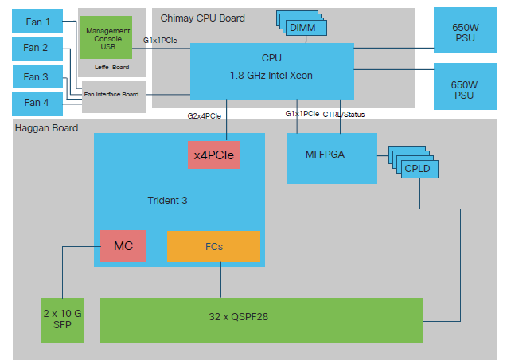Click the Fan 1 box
37,22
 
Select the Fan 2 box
37,48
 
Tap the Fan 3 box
37,76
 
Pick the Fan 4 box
37,103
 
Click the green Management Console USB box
107,37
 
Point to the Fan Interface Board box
114,96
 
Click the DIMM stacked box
303,28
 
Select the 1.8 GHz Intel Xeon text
271,75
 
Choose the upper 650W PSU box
466,31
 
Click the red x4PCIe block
213,155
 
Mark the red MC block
123,246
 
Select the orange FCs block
213,246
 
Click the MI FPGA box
330,153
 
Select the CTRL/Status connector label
344,114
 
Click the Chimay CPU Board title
202,17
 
